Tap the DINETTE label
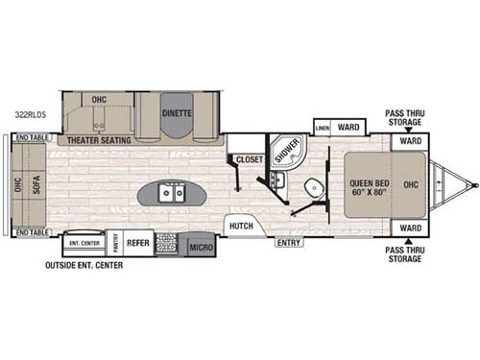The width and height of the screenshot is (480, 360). pos(176,112)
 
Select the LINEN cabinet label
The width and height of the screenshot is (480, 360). pos(323,127)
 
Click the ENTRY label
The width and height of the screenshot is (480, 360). pos(287,243)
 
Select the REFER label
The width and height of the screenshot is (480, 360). pos(138,244)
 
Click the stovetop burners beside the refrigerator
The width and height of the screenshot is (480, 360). pos(166,244)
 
